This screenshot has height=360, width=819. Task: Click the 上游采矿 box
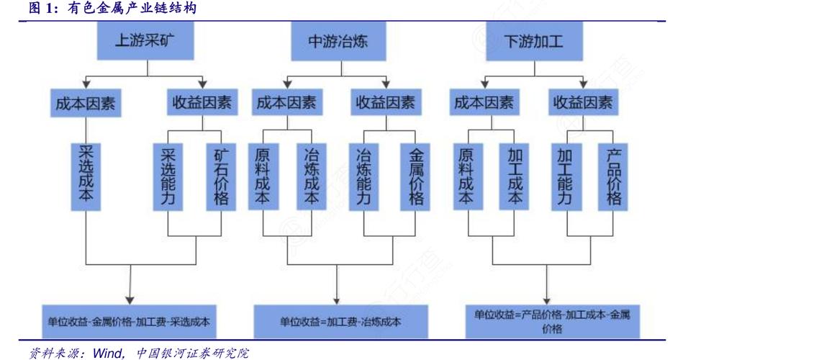[x=146, y=41]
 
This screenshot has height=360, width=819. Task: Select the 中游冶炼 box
[x=338, y=41]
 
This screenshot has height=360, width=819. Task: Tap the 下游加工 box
[x=533, y=41]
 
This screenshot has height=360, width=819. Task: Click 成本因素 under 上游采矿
[x=85, y=103]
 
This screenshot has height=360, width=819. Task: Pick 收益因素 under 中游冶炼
[x=386, y=103]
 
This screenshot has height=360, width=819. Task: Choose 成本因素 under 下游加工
[x=484, y=103]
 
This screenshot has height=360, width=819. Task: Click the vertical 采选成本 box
[x=86, y=176]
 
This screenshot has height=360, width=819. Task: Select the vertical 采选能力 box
[x=168, y=176]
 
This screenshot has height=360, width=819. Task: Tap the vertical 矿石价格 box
[x=221, y=176]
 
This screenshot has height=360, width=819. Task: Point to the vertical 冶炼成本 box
[x=312, y=176]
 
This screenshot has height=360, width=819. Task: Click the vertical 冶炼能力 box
[x=363, y=176]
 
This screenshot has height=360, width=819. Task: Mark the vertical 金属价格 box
[x=416, y=176]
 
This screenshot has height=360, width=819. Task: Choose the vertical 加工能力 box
[x=565, y=176]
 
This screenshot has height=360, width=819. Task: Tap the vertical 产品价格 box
[x=614, y=176]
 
